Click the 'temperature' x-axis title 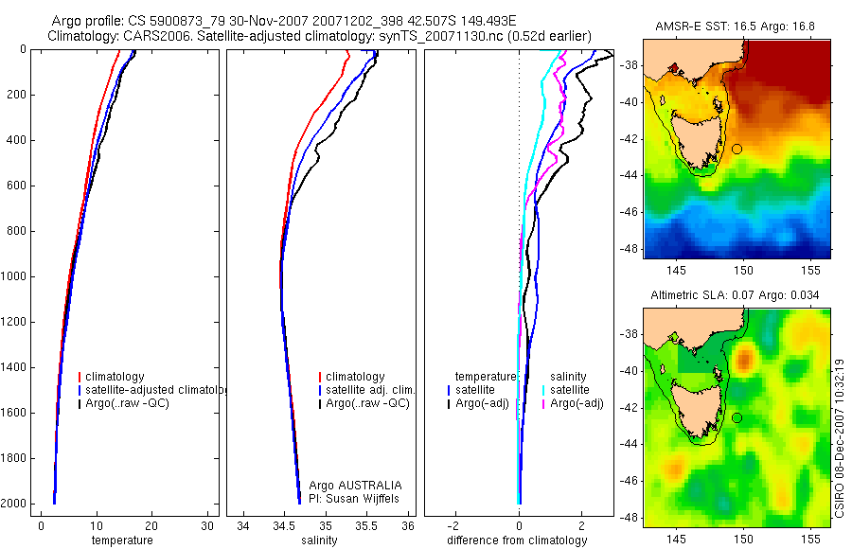pos(121,540)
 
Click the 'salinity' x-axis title pos(320,540)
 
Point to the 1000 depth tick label pos(13,276)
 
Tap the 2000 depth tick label pos(13,504)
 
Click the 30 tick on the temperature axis pos(207,525)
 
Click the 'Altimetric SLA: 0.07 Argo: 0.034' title pos(736,295)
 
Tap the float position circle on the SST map pos(737,149)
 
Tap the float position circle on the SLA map pos(737,417)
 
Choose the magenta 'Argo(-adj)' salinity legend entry pos(577,403)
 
